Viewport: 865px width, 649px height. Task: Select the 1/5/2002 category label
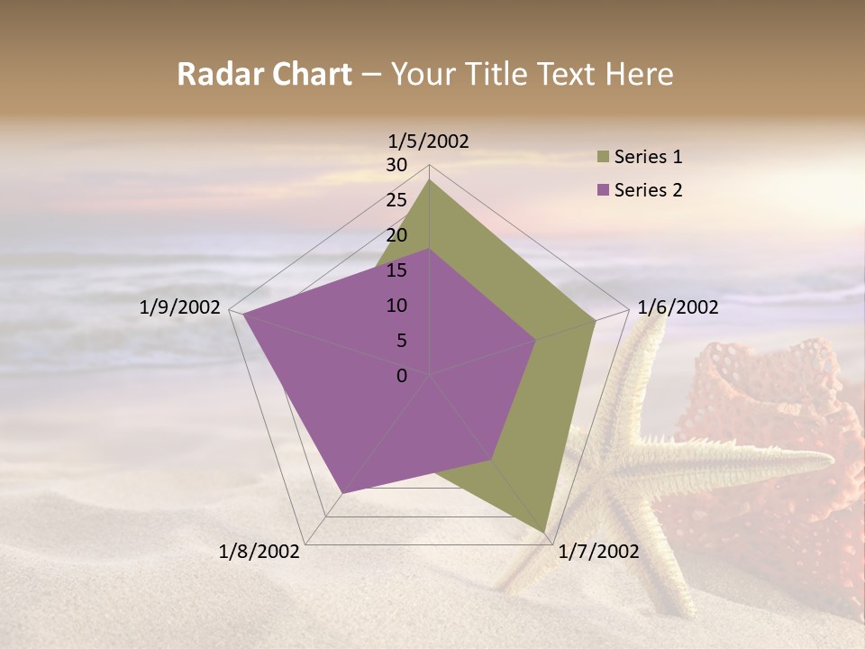429,141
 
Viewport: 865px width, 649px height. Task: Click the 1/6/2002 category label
678,307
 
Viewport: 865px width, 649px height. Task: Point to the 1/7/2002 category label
598,552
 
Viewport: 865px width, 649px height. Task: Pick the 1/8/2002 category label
259,552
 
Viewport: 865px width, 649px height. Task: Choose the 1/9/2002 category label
180,307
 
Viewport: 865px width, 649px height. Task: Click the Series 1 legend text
648,157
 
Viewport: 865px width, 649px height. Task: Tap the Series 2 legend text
648,190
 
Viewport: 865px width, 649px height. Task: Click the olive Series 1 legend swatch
603,157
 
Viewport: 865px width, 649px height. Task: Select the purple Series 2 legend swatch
603,190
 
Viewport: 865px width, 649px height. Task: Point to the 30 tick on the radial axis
396,165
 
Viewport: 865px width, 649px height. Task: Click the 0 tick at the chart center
402,376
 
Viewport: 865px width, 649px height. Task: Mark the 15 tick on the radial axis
396,270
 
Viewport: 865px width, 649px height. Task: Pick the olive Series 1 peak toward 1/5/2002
430,180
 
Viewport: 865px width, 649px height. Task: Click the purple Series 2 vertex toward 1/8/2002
342,493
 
